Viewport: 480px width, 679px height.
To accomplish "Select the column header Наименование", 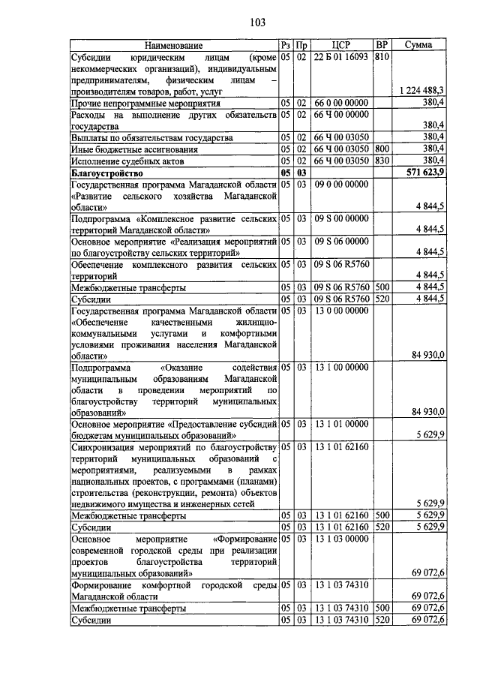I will pos(174,45).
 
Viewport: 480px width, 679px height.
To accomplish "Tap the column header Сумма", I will pos(418,45).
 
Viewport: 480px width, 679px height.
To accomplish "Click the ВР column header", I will pos(382,45).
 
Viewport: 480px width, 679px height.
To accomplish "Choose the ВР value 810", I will pos(382,57).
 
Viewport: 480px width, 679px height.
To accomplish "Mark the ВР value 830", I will pos(382,160).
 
